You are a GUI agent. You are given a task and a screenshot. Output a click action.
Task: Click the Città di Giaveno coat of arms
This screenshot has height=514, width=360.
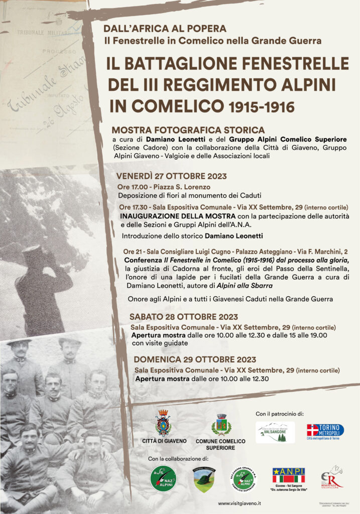(x=163, y=423)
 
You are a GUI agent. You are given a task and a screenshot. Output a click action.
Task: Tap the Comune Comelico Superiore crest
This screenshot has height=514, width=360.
(x=221, y=425)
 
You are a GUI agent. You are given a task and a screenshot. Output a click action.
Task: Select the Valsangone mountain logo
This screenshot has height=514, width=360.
(x=275, y=432)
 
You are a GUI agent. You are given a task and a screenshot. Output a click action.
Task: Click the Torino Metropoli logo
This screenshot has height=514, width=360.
(x=325, y=431)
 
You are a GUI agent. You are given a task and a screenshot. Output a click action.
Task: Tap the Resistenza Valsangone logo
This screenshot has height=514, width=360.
(x=332, y=477)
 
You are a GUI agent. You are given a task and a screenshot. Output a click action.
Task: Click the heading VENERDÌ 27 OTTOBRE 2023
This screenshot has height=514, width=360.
(x=171, y=176)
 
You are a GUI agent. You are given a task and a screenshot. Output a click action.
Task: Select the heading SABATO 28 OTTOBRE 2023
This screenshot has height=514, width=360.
(x=183, y=317)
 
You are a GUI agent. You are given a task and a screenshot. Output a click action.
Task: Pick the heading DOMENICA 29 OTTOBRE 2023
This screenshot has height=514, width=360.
(x=195, y=359)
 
